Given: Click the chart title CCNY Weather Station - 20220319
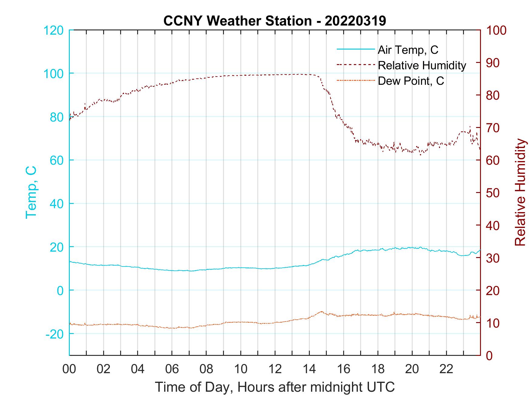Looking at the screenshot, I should click(x=275, y=21).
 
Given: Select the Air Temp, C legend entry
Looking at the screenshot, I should click(x=408, y=50).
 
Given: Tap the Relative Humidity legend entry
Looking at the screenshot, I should click(x=422, y=65).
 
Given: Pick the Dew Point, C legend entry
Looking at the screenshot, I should click(x=411, y=81).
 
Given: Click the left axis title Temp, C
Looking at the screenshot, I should click(x=31, y=192).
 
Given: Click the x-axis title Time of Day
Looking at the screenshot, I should click(x=275, y=387).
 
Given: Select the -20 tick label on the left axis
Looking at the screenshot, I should click(x=55, y=334).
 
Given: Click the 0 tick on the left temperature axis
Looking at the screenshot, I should click(x=60, y=291).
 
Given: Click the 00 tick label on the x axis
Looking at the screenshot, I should click(x=69, y=369).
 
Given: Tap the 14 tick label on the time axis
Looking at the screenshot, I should click(x=309, y=369).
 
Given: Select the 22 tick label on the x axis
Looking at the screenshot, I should click(x=446, y=369).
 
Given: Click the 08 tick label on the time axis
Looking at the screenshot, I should click(x=206, y=369).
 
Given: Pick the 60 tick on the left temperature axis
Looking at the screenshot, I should click(x=56, y=160).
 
